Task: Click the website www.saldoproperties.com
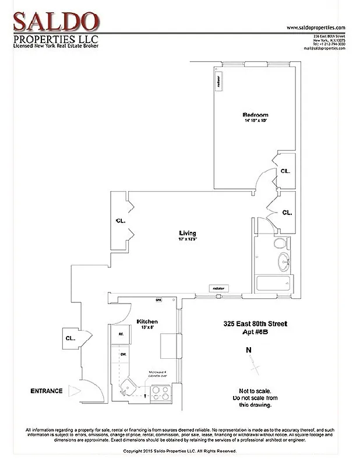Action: [x=316, y=27]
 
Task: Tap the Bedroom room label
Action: [x=255, y=115]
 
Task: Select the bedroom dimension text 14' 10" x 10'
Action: [x=255, y=121]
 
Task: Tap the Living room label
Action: [x=188, y=234]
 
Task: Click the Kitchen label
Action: [x=147, y=322]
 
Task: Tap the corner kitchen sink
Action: [x=126, y=388]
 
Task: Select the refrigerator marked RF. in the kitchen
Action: [x=121, y=334]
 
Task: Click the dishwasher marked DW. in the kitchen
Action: [x=123, y=354]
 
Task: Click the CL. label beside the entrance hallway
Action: [x=69, y=337]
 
